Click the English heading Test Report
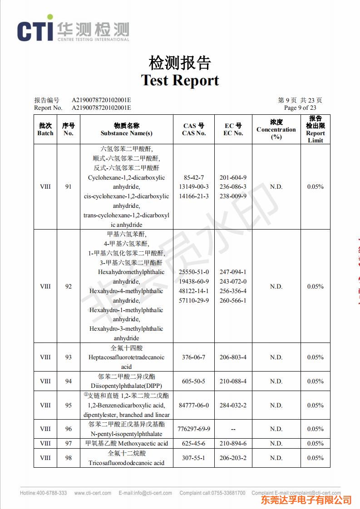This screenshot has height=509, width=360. click(x=180, y=80)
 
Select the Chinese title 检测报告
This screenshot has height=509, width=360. click(x=180, y=63)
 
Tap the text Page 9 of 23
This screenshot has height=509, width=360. click(x=300, y=108)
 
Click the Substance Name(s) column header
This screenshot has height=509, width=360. click(x=126, y=133)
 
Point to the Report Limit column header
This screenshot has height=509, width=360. click(x=315, y=137)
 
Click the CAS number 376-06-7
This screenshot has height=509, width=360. click(x=193, y=357)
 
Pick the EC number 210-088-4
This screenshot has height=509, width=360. click(x=233, y=381)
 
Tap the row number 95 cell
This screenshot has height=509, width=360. click(x=68, y=405)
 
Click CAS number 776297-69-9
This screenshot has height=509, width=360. click(x=194, y=429)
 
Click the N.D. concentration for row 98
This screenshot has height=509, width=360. click(x=276, y=458)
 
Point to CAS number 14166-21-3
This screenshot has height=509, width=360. click(x=194, y=196)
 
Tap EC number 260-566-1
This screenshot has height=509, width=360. click(x=233, y=300)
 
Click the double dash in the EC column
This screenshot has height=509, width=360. click(x=233, y=429)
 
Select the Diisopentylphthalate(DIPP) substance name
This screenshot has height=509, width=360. click(x=127, y=386)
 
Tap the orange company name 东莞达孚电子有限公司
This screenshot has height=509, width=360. click(x=306, y=500)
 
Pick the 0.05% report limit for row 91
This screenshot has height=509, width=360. click(x=315, y=186)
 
